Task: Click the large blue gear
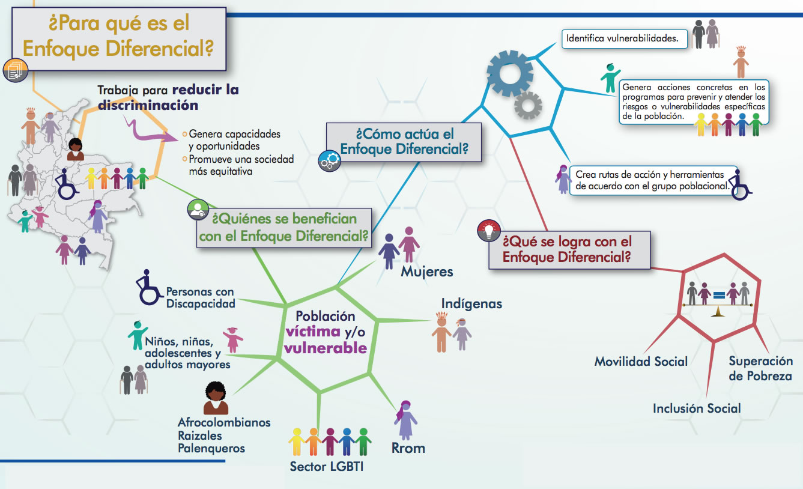click(x=510, y=73)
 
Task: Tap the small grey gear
click(x=528, y=107)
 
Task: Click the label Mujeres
click(x=427, y=272)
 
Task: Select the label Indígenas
click(x=471, y=303)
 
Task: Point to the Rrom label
click(x=408, y=448)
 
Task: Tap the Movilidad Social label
click(x=641, y=361)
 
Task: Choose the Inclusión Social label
click(x=697, y=409)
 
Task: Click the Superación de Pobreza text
click(x=760, y=368)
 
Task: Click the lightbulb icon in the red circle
click(x=489, y=231)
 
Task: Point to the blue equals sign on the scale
click(x=719, y=295)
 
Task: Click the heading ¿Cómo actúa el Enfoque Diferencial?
click(x=404, y=141)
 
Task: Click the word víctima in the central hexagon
click(x=311, y=332)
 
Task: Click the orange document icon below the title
click(x=14, y=70)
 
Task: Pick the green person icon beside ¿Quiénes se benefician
click(x=198, y=208)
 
